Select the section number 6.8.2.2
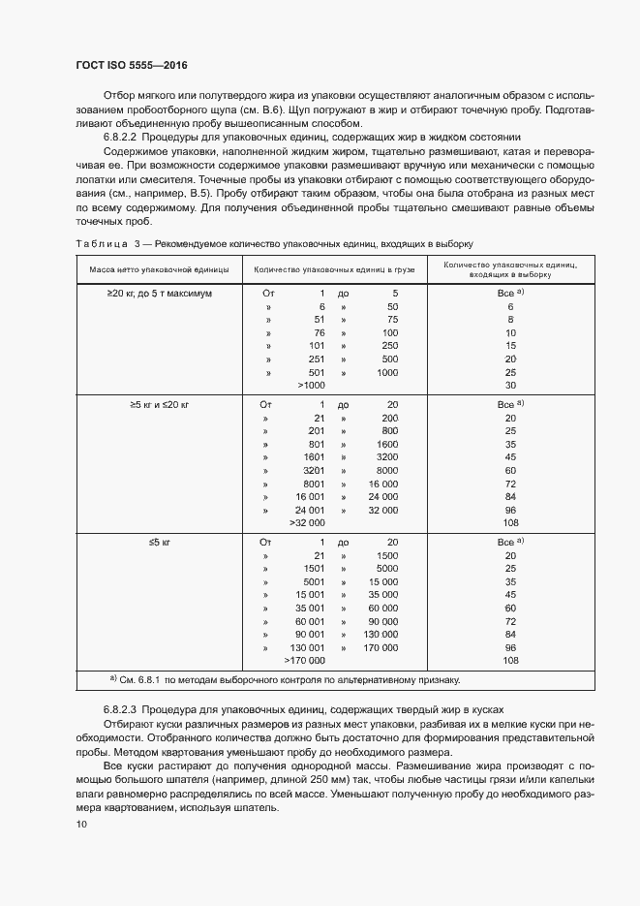click(122, 137)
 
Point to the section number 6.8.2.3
click(122, 710)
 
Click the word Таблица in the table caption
click(102, 243)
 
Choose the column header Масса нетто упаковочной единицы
click(159, 268)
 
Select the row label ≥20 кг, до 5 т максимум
click(159, 292)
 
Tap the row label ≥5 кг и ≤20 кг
click(159, 403)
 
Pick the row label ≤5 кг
click(159, 542)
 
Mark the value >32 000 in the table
click(307, 523)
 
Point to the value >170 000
click(304, 661)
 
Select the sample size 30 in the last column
click(509, 386)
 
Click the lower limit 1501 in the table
click(314, 569)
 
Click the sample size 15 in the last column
click(509, 345)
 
